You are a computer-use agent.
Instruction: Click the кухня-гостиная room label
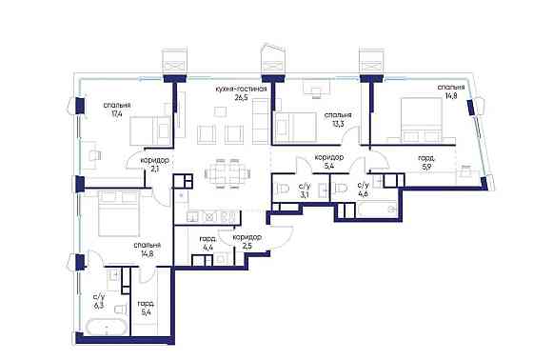point(241,90)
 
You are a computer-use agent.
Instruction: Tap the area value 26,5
point(241,98)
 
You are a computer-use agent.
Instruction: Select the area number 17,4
point(116,113)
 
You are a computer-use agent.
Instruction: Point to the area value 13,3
point(338,124)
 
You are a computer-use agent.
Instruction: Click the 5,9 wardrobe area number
point(427,167)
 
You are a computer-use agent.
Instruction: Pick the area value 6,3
point(99,305)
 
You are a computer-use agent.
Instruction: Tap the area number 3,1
point(305,194)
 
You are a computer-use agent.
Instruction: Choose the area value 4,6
point(363,194)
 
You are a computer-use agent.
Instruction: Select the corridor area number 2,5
point(247,246)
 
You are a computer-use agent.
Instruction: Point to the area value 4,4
point(207,248)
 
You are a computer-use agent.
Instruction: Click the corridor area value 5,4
point(328,167)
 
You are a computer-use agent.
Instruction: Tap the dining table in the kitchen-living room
point(228,173)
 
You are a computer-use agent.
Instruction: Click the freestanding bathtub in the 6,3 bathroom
point(107,328)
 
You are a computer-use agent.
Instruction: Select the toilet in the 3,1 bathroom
point(283,189)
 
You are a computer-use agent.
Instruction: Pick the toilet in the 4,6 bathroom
point(341,189)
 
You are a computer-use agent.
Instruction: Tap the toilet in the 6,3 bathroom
point(120,309)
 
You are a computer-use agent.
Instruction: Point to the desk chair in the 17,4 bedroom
point(95,155)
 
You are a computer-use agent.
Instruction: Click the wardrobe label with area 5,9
point(427,158)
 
